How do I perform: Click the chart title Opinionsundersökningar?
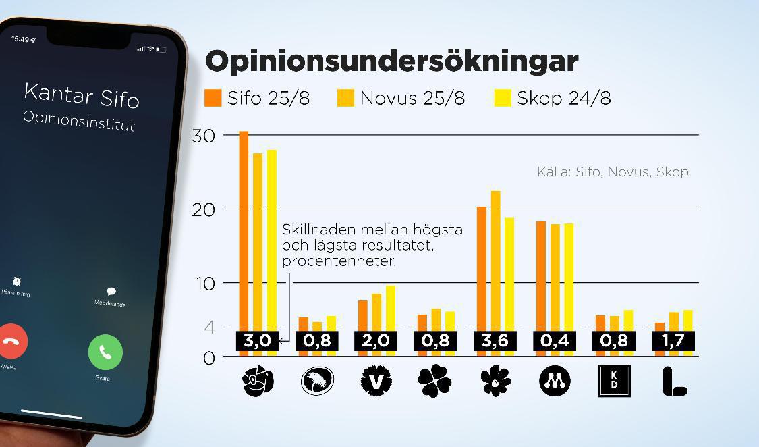click(x=391, y=61)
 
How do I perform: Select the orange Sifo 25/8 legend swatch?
click(x=213, y=98)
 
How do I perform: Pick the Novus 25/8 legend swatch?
click(x=346, y=98)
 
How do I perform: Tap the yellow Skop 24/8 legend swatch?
click(x=503, y=98)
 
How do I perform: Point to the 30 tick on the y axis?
click(x=203, y=136)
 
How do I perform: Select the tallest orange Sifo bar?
click(x=244, y=230)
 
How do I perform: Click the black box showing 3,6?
click(x=495, y=341)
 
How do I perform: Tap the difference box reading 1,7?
click(x=673, y=341)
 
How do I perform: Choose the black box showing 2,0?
click(x=375, y=341)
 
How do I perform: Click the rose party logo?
click(x=258, y=382)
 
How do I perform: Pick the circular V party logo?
click(x=376, y=382)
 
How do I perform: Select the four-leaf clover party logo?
click(x=434, y=382)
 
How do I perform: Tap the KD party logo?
click(x=614, y=381)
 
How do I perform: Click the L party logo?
click(x=673, y=382)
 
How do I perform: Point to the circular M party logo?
click(x=555, y=382)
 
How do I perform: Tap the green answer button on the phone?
click(x=105, y=352)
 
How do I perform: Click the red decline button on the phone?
click(x=11, y=341)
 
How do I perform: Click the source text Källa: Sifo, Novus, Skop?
click(x=613, y=172)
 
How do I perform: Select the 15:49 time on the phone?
click(x=20, y=39)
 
